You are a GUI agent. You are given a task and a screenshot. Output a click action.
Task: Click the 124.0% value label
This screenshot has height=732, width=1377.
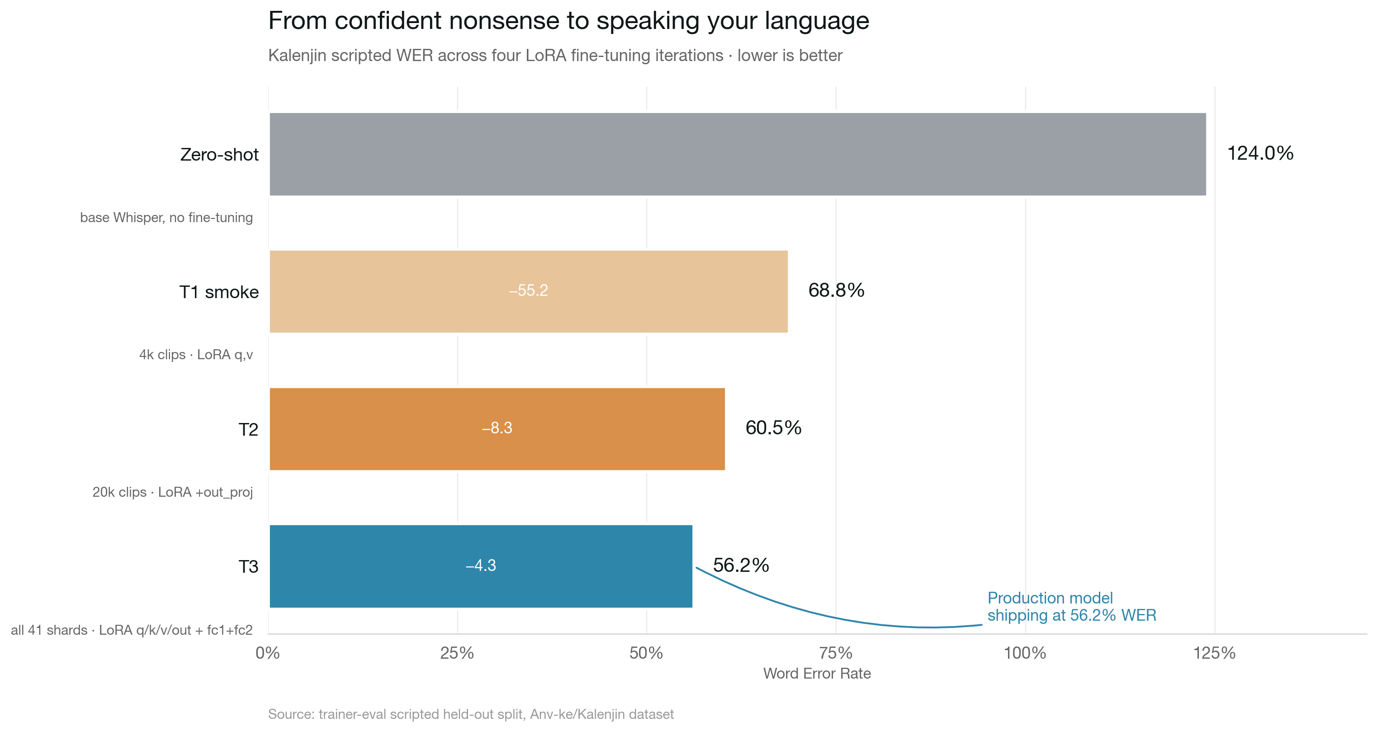click(1260, 153)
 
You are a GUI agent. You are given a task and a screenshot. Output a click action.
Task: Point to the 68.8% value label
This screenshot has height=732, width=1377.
click(836, 290)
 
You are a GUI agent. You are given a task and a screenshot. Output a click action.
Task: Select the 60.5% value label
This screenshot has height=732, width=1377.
click(773, 428)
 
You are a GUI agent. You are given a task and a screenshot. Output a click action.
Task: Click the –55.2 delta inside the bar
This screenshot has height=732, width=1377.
click(528, 291)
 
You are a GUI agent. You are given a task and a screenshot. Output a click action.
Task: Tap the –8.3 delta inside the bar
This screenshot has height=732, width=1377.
click(497, 428)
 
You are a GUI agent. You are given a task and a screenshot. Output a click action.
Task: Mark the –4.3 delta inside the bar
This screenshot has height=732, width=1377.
click(481, 566)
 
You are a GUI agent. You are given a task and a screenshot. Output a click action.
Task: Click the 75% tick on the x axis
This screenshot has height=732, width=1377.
click(836, 653)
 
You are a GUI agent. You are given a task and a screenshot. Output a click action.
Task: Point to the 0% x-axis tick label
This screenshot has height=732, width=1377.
click(268, 653)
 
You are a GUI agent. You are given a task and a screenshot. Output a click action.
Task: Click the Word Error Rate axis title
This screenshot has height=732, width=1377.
click(817, 674)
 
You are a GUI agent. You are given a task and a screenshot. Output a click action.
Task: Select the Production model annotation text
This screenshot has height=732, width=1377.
click(1071, 606)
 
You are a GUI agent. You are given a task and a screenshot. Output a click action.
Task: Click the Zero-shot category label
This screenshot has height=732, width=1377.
click(219, 155)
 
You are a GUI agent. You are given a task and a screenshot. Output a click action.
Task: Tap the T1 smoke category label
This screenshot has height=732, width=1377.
click(218, 292)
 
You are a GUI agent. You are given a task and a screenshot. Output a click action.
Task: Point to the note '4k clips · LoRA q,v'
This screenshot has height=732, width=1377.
click(196, 355)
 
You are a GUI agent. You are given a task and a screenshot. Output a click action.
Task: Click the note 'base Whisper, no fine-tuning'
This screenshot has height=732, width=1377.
click(166, 218)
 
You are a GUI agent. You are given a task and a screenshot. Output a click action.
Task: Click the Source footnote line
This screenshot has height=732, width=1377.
click(470, 714)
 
